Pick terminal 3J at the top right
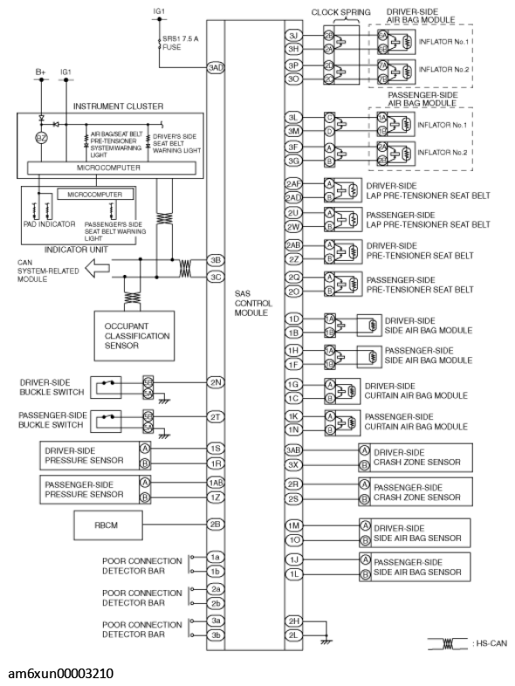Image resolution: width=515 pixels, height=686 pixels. (293, 35)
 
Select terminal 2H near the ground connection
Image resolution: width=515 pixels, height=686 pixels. (293, 621)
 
